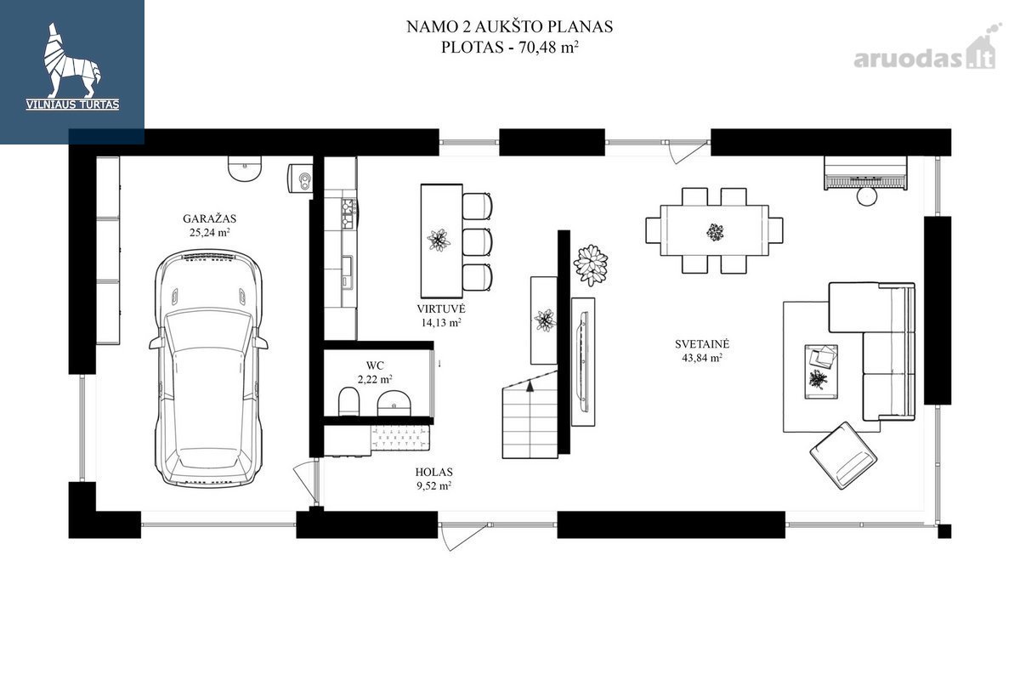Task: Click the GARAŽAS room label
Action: pos(209,218)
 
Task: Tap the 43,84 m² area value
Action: pos(702,358)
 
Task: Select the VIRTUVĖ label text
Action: pos(441,309)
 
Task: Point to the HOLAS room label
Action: pos(434,473)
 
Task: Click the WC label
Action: pos(375,365)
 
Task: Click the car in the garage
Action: pos(208,369)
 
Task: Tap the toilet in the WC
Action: pos(348,401)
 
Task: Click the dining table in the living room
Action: pos(714,231)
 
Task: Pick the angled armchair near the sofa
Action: pos(843,455)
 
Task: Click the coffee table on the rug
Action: pos(821,371)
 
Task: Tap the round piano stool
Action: pos(866,196)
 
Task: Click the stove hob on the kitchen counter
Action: pos(348,213)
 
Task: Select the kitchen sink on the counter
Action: pos(348,272)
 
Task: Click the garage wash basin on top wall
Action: pos(245,169)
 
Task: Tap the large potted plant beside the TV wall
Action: pos(591,265)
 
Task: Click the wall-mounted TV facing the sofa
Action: pos(583,362)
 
